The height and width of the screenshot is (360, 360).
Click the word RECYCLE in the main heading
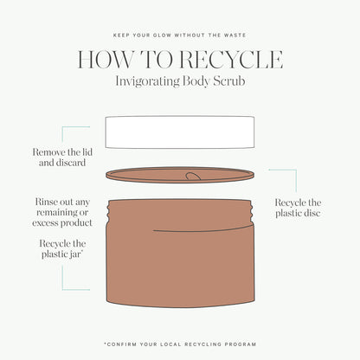coord(231,60)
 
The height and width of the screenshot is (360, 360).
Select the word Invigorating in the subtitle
coord(147,81)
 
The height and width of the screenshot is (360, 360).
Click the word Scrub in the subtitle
coord(229,80)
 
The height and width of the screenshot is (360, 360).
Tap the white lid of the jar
coord(180,132)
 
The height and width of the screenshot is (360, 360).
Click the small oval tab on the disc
coord(193,176)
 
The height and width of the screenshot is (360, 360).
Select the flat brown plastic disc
coord(180,175)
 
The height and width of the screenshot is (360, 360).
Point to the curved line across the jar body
coord(203,229)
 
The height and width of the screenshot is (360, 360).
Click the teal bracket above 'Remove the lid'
coord(75,134)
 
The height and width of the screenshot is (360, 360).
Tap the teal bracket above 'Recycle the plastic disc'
coord(283,181)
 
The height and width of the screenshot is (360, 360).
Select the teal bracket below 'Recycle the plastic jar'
coord(75,278)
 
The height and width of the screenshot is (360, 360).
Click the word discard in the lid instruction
coord(70,163)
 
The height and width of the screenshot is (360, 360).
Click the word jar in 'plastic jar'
coord(76,254)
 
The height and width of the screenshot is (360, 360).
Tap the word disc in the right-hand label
coord(312,213)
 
